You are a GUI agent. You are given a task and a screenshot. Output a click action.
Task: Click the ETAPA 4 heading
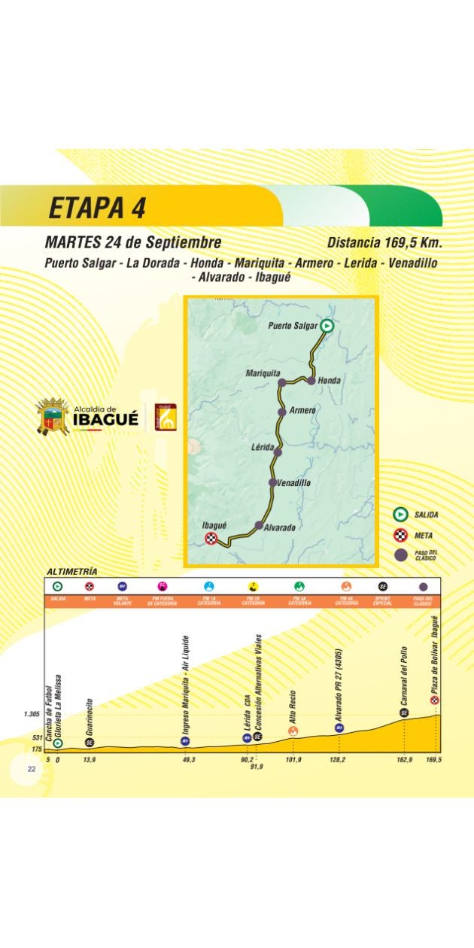click(97, 208)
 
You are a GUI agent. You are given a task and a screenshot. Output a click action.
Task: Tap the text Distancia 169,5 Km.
click(384, 243)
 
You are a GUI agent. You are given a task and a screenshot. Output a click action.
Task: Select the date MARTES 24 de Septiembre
click(133, 243)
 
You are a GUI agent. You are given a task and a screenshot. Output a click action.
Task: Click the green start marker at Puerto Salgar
click(327, 326)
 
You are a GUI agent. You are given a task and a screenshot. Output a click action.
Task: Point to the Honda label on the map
click(329, 381)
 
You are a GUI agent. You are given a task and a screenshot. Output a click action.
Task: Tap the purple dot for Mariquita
click(282, 382)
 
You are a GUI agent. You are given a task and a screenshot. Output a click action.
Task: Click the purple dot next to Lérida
click(278, 452)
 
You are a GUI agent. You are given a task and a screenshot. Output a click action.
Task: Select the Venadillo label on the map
click(293, 482)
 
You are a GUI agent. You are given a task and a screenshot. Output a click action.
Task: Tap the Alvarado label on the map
click(279, 527)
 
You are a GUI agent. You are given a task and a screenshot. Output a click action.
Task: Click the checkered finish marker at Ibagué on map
click(211, 537)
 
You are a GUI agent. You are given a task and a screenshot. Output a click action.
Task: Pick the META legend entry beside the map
click(424, 536)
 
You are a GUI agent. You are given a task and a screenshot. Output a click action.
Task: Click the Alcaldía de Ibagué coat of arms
click(53, 417)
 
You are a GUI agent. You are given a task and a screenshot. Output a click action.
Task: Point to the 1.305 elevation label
click(32, 714)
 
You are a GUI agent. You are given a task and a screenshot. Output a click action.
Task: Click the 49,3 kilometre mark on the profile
click(189, 761)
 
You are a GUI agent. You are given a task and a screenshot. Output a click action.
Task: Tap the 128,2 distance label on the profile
click(339, 761)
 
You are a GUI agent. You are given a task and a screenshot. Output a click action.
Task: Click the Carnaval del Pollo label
click(404, 675)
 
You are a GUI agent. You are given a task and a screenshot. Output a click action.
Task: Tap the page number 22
click(32, 769)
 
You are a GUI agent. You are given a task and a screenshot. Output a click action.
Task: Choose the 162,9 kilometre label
click(404, 761)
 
